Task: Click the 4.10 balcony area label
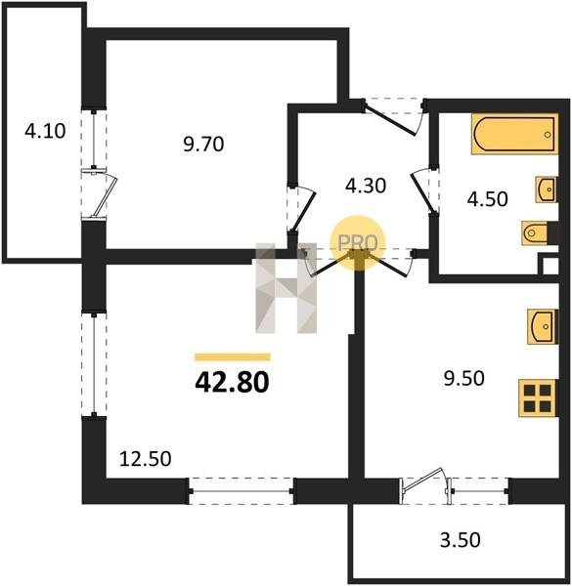click(x=45, y=131)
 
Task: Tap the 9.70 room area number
click(x=203, y=144)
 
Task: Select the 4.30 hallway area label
click(x=366, y=186)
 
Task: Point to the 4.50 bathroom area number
click(x=488, y=199)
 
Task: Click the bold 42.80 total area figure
click(x=232, y=383)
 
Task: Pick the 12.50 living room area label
click(x=146, y=459)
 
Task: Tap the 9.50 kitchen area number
click(x=463, y=378)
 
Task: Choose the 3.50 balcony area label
click(x=460, y=540)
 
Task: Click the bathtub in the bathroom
click(x=514, y=134)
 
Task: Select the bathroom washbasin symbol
click(x=547, y=189)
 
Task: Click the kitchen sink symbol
click(x=543, y=326)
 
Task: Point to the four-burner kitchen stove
click(x=538, y=398)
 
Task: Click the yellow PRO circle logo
click(x=357, y=243)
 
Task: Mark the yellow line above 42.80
click(x=233, y=356)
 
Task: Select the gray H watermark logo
click(x=286, y=288)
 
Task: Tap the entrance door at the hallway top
click(x=394, y=116)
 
